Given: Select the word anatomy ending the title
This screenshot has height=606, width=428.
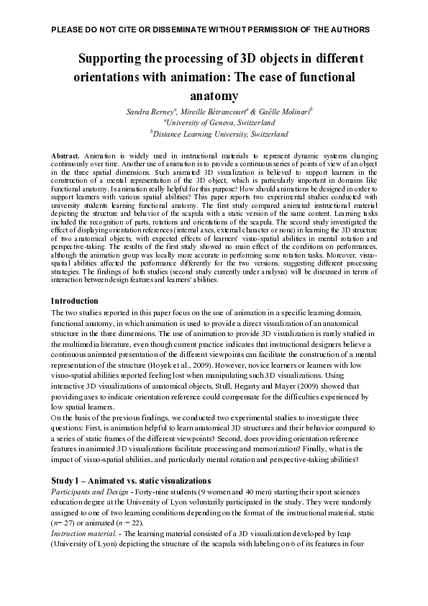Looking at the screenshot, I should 214,95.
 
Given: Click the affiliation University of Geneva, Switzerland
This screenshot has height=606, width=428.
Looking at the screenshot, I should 215,122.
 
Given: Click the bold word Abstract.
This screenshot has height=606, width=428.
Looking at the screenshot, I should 65,155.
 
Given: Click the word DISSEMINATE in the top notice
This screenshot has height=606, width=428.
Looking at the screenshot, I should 152,30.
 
